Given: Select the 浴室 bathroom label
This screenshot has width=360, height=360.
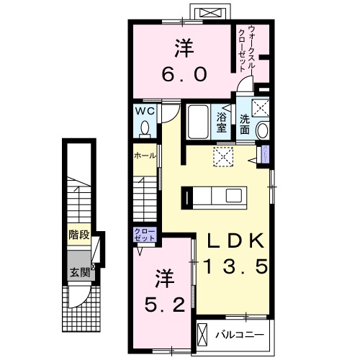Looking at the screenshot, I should [x=222, y=123].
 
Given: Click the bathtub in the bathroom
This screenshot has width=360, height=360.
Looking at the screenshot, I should [x=197, y=122].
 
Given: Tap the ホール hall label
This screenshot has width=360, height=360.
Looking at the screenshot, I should [x=143, y=156].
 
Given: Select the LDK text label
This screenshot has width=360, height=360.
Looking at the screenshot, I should [x=233, y=240].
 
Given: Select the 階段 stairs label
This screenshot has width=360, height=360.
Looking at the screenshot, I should [x=78, y=234].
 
